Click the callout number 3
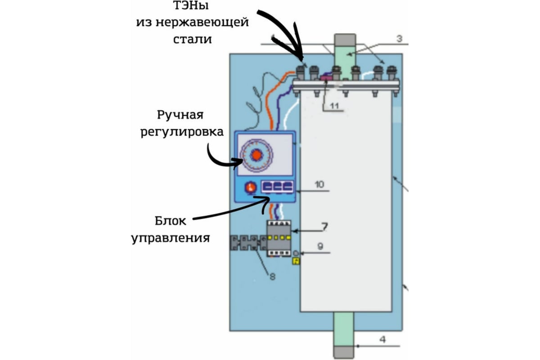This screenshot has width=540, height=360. pos(399,39)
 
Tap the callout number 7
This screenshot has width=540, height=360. pos(324,225)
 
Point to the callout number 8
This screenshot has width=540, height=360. pos(272,277)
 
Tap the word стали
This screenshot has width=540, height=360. pos(193,38)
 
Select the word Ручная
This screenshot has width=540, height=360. pos(180,115)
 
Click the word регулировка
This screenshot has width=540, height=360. pos(182,132)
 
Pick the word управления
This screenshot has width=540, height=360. pos(171,237)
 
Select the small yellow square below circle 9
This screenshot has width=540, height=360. pos(296,261)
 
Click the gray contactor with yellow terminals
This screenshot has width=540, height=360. pos(279,238)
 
